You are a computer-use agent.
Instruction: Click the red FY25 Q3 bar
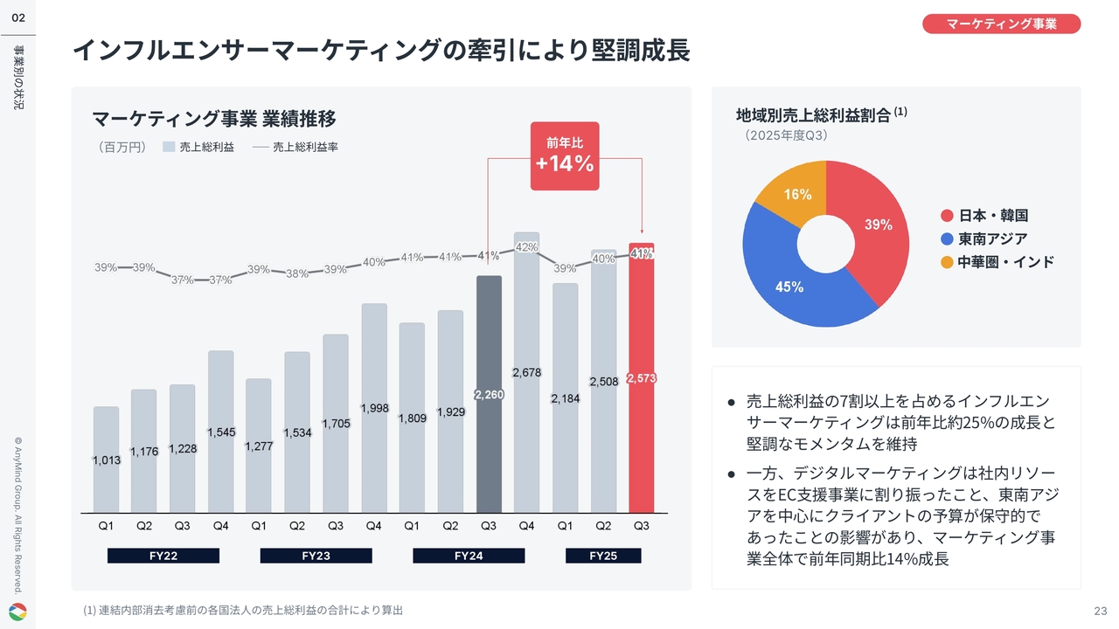pos(641,384)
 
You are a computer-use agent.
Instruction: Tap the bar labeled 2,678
pos(526,376)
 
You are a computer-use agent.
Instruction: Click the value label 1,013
pos(106,460)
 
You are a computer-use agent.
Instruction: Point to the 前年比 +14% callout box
pos(565,156)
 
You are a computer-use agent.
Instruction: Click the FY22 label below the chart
pos(163,556)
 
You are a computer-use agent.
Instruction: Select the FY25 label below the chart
pos(603,556)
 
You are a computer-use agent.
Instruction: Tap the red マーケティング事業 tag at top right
pos(1001,24)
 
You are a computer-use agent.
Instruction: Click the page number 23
pos(1100,610)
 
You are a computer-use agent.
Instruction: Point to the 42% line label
pos(526,247)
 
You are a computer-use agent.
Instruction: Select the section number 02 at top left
pos(17,17)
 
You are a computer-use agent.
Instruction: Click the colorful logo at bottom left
pos(17,611)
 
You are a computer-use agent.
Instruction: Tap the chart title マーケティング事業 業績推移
pos(214,118)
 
